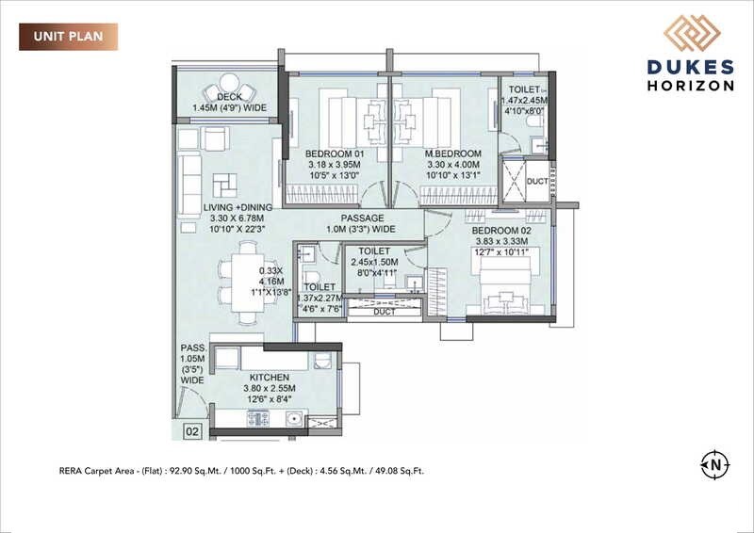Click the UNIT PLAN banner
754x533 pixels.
(68, 38)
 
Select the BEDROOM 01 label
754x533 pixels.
(334, 153)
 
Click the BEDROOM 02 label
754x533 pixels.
(501, 230)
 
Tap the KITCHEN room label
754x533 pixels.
(270, 377)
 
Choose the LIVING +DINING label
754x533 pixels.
(239, 207)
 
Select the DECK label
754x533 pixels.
(230, 97)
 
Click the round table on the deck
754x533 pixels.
(229, 83)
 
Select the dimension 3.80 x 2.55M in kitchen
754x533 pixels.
(270, 388)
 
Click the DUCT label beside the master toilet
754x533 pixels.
(536, 181)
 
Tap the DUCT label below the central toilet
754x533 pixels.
(385, 311)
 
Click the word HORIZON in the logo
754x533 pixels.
(690, 85)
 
